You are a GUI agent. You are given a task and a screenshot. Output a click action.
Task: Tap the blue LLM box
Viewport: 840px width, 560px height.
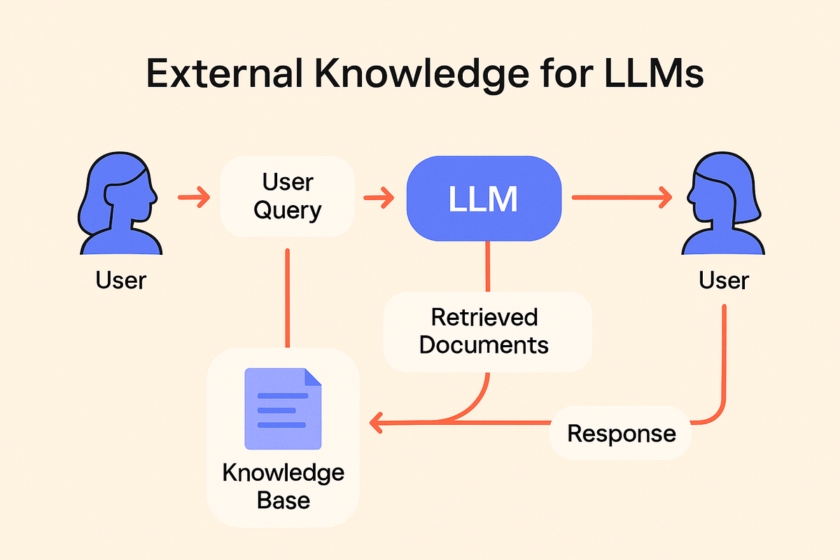point(484,198)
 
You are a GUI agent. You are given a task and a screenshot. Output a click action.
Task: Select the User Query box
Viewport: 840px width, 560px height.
point(287,196)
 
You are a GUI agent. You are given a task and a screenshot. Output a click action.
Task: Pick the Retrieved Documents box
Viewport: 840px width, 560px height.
point(487,332)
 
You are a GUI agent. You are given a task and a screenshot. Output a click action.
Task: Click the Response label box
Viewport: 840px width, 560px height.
point(621,433)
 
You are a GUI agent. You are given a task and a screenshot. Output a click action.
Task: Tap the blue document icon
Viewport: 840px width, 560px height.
point(283,409)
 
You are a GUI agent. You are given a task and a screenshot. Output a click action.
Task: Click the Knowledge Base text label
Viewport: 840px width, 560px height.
point(283,486)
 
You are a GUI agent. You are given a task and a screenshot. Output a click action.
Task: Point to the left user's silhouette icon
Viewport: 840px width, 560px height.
point(120,203)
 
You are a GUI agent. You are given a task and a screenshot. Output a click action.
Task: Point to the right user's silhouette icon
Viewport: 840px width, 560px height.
point(723,203)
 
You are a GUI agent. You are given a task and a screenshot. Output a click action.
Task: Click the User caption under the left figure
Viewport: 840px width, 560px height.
point(120,280)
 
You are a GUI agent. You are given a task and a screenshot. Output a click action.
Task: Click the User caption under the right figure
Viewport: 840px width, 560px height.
point(724,280)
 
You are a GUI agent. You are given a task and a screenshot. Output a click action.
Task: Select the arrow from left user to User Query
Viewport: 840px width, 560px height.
point(194,197)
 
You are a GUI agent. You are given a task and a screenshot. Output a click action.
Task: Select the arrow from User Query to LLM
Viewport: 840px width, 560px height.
point(379,197)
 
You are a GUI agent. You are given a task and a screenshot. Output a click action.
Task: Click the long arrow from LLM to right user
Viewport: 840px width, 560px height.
point(622,197)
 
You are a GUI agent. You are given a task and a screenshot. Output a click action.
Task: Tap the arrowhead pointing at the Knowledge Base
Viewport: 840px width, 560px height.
point(376,423)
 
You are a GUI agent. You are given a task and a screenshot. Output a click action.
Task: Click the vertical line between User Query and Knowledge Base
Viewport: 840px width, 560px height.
point(287,297)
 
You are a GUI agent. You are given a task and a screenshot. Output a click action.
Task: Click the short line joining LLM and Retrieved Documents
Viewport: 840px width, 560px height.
point(487,266)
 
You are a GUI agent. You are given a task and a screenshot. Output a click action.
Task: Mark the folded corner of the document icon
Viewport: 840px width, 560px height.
point(313,377)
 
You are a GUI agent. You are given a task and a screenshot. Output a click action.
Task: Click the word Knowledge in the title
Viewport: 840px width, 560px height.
point(422,75)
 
